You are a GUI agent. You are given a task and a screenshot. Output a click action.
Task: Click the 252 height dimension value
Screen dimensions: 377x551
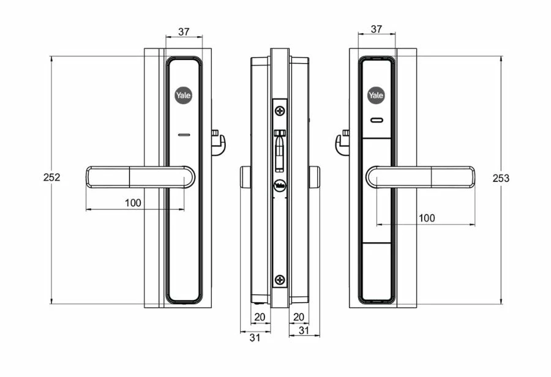pos(52,177)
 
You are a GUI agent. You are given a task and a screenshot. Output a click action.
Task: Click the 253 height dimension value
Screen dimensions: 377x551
pos(501,178)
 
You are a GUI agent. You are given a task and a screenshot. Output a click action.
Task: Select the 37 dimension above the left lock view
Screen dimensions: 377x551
pos(183,31)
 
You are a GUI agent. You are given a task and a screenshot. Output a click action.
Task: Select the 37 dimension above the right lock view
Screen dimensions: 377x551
pos(377,29)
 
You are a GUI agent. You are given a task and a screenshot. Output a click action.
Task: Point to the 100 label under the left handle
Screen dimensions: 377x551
pos(133,203)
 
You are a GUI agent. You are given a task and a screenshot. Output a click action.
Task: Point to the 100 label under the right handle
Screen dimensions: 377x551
pos(427,218)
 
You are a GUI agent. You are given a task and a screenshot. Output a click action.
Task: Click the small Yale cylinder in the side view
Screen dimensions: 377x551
pos(280,185)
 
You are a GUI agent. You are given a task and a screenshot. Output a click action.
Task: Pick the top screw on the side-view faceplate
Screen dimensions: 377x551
pos(280,111)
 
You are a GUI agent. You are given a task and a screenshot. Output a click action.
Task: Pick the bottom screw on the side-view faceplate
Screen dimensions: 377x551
pos(280,280)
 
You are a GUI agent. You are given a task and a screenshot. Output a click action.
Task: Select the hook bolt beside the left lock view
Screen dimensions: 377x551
pos(218,142)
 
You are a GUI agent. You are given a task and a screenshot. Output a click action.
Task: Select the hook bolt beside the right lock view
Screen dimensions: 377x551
pos(342,142)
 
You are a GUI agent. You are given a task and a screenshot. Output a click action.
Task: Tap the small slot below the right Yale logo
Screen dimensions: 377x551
pos(376,121)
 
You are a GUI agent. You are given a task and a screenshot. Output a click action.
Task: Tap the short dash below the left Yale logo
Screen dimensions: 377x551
pos(183,135)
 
